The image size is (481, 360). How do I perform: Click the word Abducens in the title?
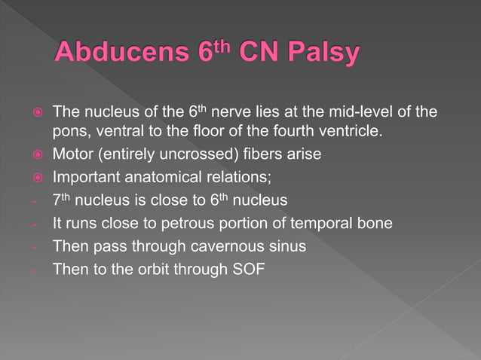tap(119, 54)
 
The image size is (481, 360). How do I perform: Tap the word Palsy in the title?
tap(320, 54)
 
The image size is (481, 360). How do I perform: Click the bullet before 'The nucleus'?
tap(35, 113)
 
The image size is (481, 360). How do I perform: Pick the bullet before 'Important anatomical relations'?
tap(35, 179)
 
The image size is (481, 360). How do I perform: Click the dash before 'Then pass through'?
tap(36, 246)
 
